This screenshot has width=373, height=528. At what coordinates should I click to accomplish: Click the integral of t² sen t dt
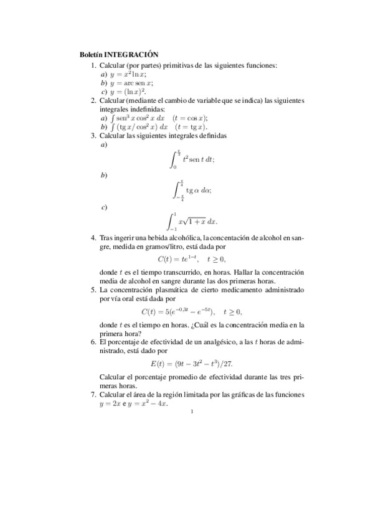click(x=192, y=160)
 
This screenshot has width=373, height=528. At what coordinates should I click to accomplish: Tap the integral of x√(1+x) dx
click(x=193, y=221)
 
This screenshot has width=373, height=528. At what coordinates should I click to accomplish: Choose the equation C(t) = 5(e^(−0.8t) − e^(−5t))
click(x=191, y=311)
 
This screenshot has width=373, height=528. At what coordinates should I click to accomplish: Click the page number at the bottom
click(x=192, y=411)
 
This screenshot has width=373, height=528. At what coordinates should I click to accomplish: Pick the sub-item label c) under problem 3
click(x=104, y=206)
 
